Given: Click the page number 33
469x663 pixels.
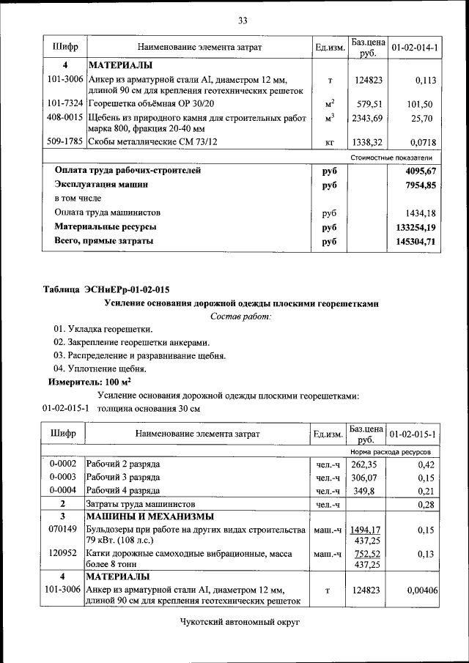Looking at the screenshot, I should coord(242,19).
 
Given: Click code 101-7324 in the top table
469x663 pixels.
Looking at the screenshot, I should coord(64,103).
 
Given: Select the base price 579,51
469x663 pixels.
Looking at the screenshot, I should coord(366,104).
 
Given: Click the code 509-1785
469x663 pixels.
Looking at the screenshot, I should coord(64,141).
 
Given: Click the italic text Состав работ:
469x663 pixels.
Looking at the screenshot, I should coord(241,316).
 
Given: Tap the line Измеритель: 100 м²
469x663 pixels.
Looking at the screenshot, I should coord(89,382).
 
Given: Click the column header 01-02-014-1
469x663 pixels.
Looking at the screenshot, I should coord(414,48).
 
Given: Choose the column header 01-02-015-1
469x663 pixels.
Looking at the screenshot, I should coord(414,434).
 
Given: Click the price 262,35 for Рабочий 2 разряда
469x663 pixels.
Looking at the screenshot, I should coord(366,464).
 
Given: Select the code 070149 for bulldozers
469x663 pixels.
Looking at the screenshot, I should coord(63,529).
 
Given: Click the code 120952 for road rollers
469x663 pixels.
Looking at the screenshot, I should coord(63,555).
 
